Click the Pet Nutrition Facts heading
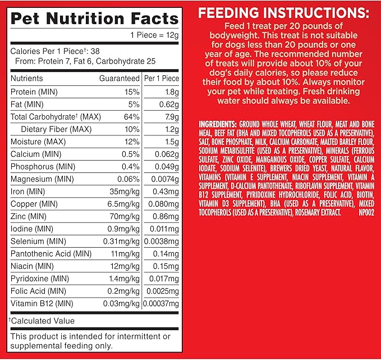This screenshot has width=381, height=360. pos(94,18)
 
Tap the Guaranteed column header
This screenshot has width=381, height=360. pos(120,79)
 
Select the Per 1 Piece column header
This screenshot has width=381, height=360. pos(162,79)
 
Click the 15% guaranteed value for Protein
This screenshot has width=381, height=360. pos(131,92)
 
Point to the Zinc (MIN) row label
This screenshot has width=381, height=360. pos(29,216)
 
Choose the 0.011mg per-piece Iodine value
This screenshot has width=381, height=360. pos(162,229)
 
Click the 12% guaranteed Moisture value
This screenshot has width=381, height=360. pos(131,142)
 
